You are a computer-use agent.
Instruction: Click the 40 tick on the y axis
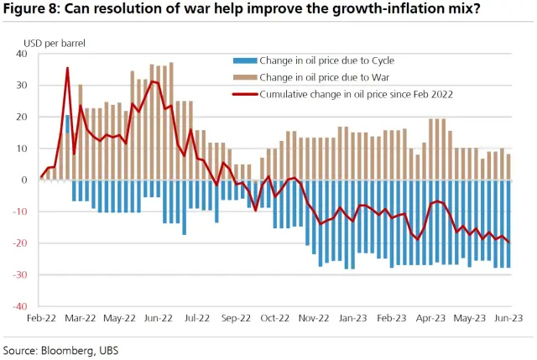[23, 54]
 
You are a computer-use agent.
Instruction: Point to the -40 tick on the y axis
[21, 306]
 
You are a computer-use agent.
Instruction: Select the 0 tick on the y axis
[25, 180]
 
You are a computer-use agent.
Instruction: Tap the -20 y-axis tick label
[21, 243]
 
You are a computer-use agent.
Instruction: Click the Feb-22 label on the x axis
[42, 319]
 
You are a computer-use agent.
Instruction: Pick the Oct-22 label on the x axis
[274, 319]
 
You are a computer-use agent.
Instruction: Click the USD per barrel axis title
[55, 41]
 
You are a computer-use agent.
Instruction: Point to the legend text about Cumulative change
[357, 95]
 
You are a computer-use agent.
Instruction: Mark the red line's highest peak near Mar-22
[67, 68]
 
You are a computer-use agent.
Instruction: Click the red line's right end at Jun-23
[509, 243]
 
